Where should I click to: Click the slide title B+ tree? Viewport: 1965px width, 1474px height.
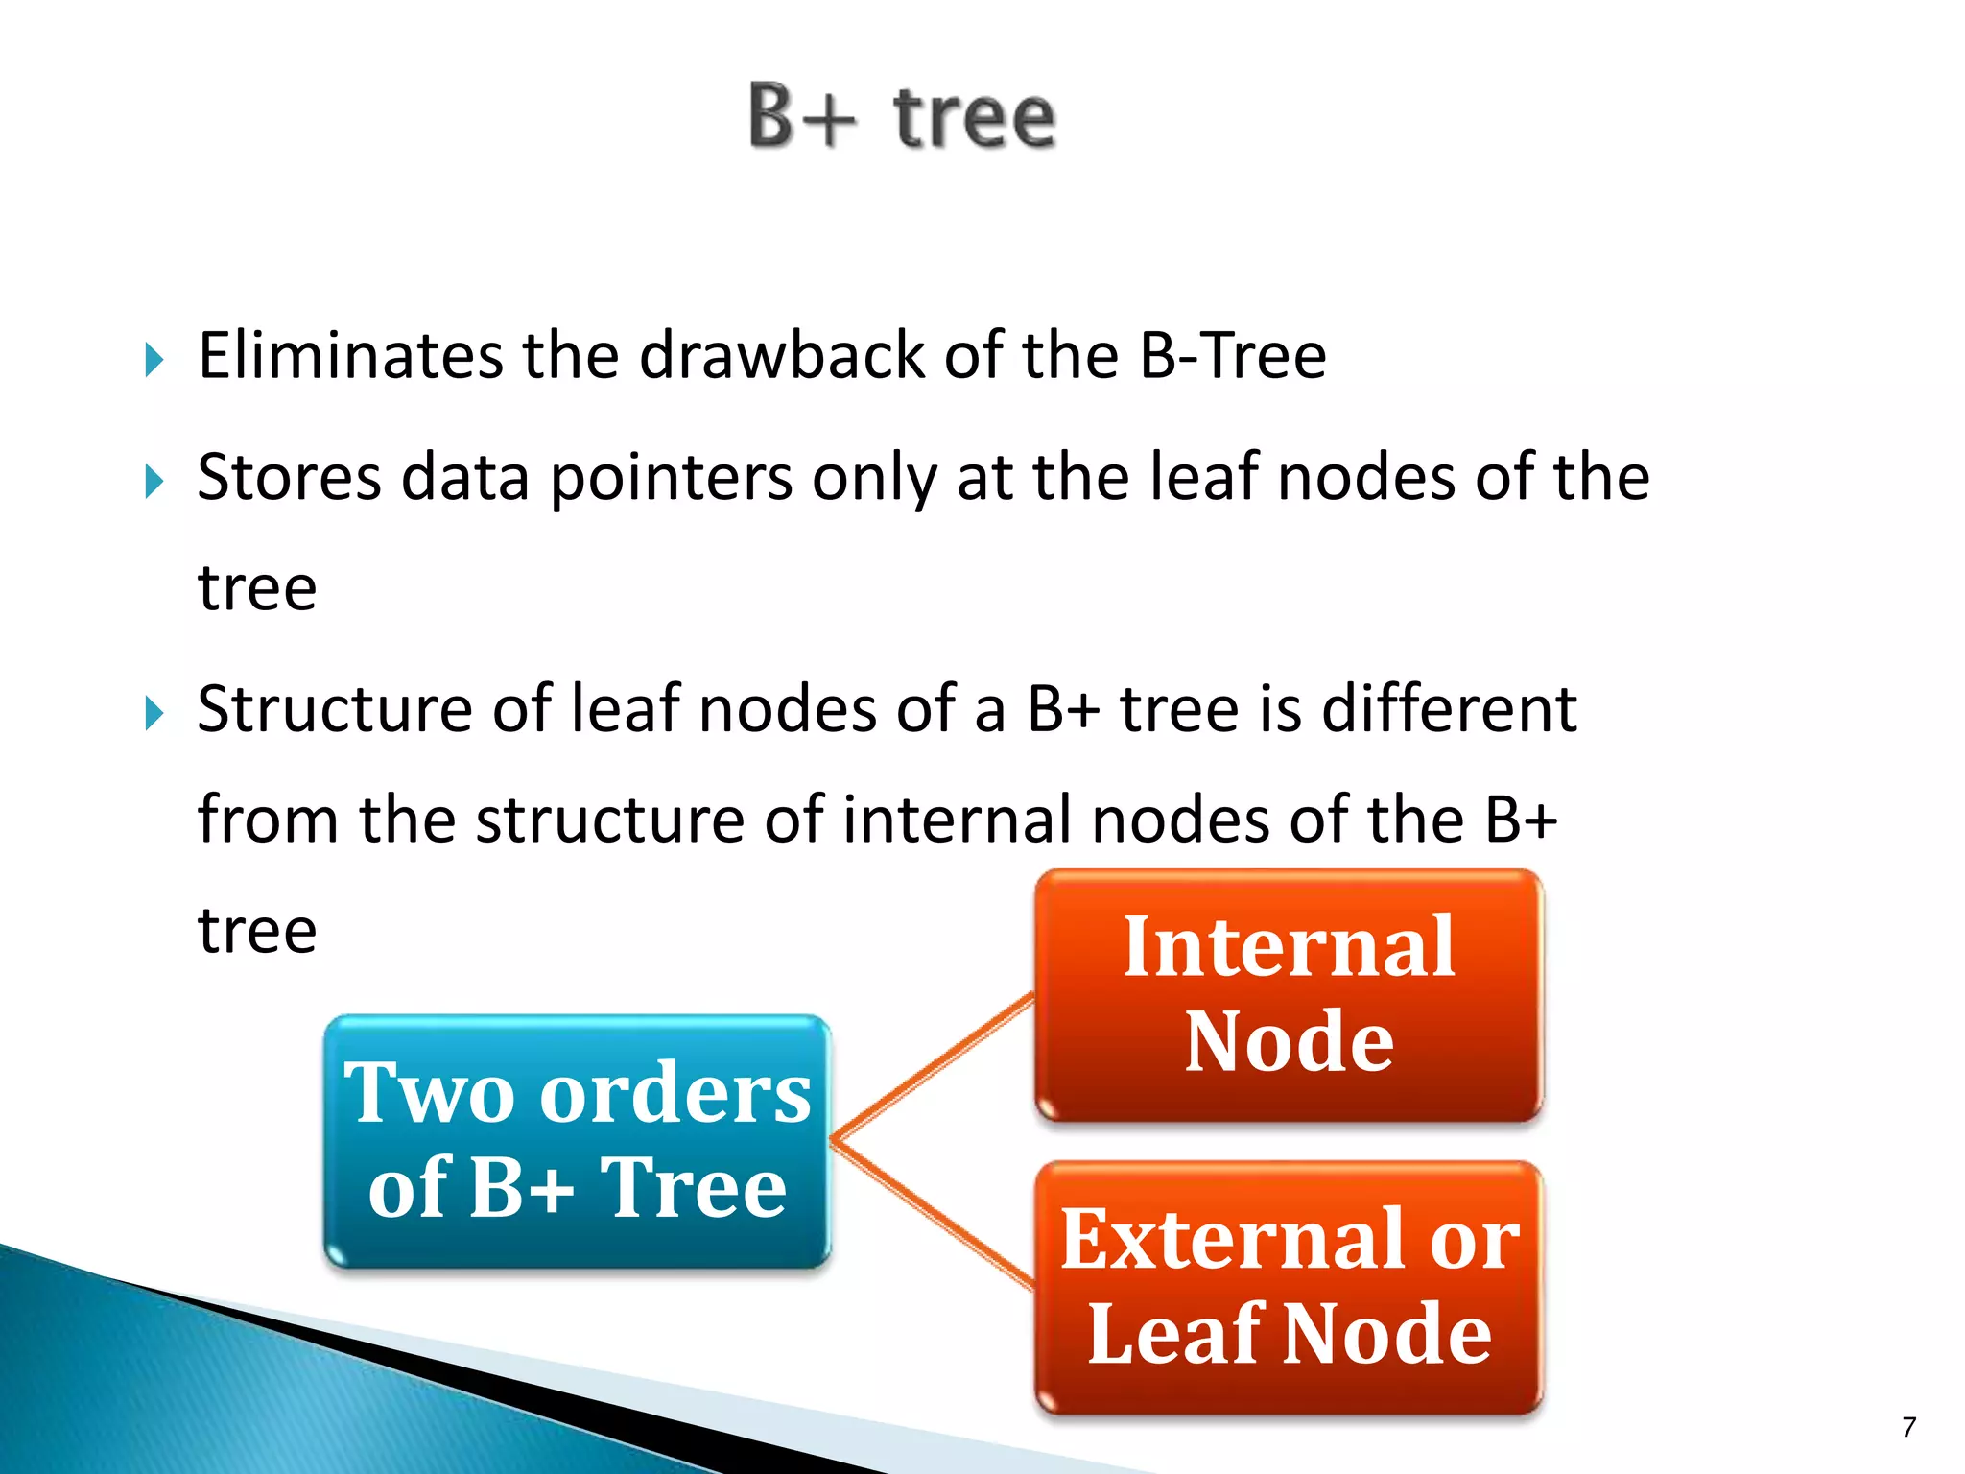click(x=902, y=117)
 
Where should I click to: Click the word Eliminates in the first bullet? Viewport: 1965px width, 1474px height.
click(x=350, y=356)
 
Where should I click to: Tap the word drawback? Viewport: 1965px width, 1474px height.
click(x=781, y=356)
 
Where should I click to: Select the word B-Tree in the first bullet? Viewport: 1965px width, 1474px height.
click(x=1232, y=356)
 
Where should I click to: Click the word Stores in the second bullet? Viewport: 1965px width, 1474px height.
click(x=288, y=477)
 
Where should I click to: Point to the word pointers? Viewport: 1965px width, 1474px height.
click(x=671, y=479)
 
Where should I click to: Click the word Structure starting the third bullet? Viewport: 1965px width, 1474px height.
click(x=333, y=709)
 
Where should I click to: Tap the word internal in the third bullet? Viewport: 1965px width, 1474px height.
click(x=959, y=820)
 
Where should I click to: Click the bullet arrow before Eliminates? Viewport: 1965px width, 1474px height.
click(x=154, y=361)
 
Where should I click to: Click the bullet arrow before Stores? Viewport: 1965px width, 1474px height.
click(x=154, y=482)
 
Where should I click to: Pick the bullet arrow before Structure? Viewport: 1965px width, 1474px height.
click(x=154, y=714)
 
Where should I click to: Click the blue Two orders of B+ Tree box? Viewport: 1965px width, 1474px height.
click(x=577, y=1142)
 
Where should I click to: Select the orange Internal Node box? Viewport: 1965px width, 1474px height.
click(x=1289, y=995)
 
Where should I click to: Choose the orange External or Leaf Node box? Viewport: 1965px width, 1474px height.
click(x=1289, y=1287)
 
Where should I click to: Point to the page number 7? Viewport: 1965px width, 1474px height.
click(x=1908, y=1427)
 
